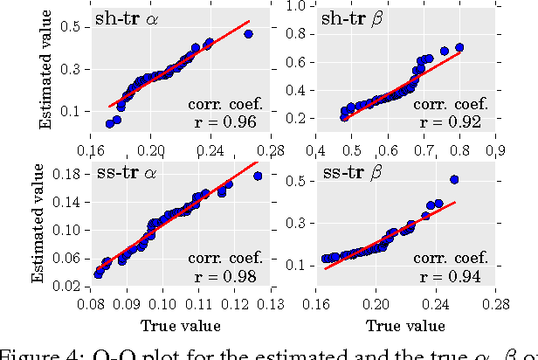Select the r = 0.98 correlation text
point(224,276)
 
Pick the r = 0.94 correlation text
point(453,276)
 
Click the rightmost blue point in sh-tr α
point(248,34)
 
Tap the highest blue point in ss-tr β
point(454,180)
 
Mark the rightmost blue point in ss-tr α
point(258,176)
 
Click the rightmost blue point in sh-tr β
point(459,47)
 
